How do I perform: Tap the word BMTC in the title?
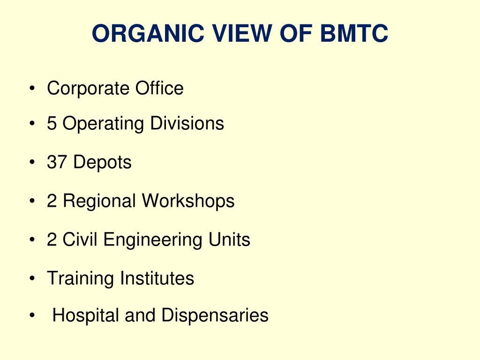354,34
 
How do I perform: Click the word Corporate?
89,88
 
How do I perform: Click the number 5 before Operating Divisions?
52,124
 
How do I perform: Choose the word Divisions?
187,124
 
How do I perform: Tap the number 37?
57,163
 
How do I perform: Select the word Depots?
103,163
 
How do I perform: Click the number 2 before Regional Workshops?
52,201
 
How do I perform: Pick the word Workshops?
188,201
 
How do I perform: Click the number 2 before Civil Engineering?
52,240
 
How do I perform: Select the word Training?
80,278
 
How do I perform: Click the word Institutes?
157,278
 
